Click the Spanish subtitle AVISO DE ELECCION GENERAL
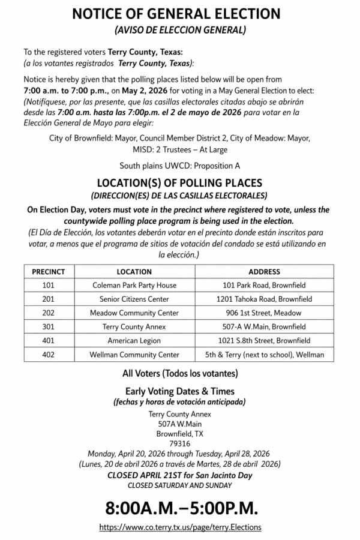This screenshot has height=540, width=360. tap(180, 29)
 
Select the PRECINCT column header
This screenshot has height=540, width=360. tap(49, 272)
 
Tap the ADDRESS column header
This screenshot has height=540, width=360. tap(264, 272)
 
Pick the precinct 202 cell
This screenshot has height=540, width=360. tap(49, 313)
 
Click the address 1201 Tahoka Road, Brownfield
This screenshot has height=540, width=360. tap(264, 299)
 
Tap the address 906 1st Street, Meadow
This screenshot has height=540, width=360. tap(264, 313)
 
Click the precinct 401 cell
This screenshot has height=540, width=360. tap(49, 340)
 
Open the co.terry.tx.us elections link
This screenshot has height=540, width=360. tap(180, 527)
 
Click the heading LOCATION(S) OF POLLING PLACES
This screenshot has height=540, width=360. tap(180, 182)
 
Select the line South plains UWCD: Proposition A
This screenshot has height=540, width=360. tap(180, 164)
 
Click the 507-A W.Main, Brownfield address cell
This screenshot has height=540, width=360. tap(264, 326)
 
